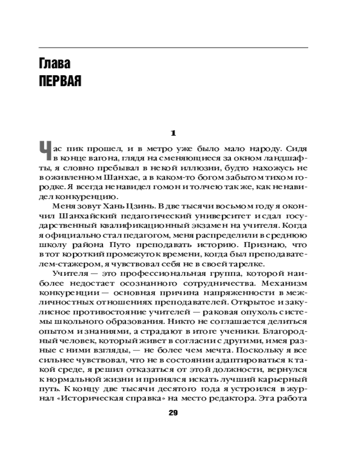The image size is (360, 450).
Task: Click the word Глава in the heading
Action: click(x=54, y=64)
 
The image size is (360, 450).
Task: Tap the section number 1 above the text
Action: click(x=173, y=133)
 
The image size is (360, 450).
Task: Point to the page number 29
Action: click(x=173, y=413)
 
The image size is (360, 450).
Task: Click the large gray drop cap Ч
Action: click(x=44, y=151)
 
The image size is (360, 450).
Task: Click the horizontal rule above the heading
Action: click(x=173, y=47)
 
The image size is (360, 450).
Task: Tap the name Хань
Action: click(x=101, y=207)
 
